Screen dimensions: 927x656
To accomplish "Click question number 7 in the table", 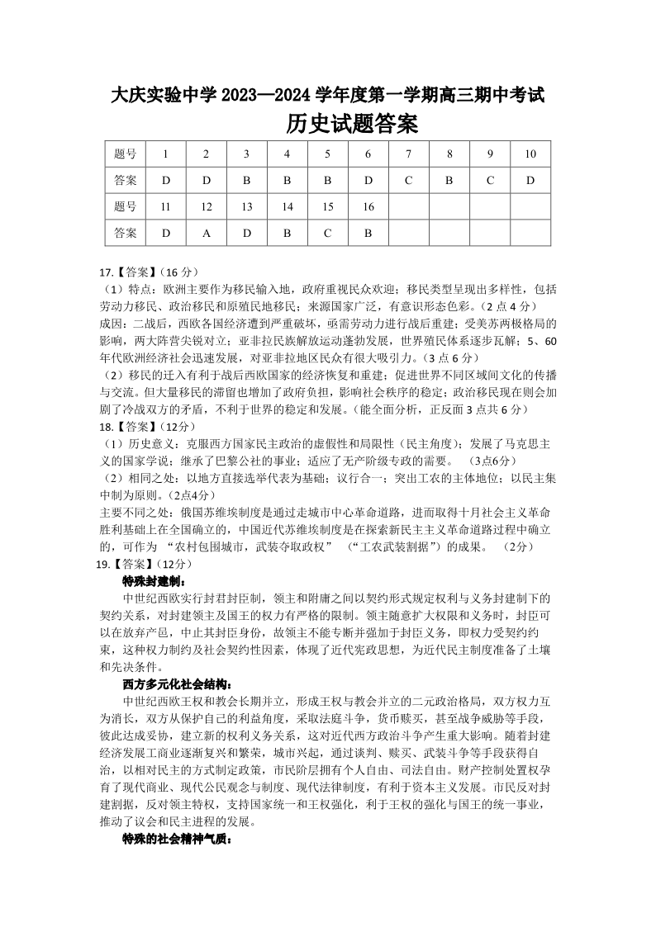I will click(x=408, y=154).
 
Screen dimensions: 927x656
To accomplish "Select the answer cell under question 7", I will click(x=408, y=180).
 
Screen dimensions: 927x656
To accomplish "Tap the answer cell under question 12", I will click(x=207, y=233).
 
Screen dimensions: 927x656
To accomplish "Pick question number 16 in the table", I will click(x=368, y=206).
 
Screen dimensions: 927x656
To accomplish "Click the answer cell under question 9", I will click(x=489, y=180).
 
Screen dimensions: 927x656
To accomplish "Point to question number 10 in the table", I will click(x=530, y=154).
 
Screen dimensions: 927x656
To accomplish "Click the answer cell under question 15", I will click(x=327, y=233).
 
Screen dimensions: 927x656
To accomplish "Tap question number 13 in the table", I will click(x=246, y=206).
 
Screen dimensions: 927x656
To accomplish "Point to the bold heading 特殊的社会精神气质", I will click(x=177, y=840).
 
